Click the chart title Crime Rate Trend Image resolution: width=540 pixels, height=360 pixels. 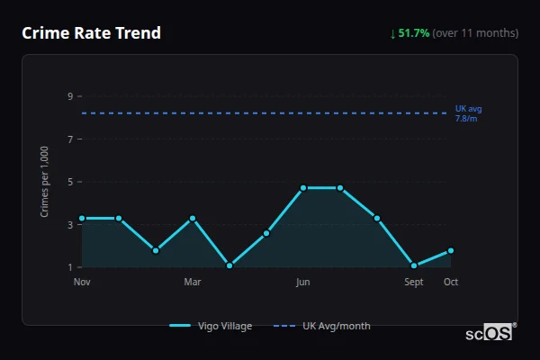(x=91, y=33)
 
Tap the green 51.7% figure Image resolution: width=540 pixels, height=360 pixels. (x=413, y=33)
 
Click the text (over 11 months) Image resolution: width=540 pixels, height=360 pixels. (x=475, y=33)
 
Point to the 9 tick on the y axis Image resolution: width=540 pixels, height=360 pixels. (x=70, y=96)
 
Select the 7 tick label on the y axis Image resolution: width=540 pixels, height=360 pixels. (x=70, y=139)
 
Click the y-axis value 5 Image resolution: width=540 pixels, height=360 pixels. (x=70, y=182)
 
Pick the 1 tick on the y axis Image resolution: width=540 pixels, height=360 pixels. (x=70, y=267)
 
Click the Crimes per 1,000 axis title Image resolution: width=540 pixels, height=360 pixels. (x=45, y=181)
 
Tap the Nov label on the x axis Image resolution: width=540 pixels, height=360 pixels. (x=82, y=283)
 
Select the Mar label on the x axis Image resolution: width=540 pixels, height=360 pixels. (x=193, y=283)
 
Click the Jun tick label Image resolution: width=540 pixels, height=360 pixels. (x=303, y=283)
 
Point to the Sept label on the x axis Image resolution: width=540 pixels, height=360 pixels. (x=414, y=283)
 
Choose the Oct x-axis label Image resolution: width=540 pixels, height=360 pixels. (x=451, y=283)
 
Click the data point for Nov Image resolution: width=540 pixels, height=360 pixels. (x=82, y=218)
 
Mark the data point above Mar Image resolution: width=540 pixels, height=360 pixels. (x=193, y=218)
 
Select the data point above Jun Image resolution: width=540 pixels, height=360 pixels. (x=303, y=188)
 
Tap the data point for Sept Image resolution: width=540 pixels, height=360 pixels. (x=414, y=265)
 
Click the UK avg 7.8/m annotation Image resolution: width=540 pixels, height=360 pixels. (x=468, y=113)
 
